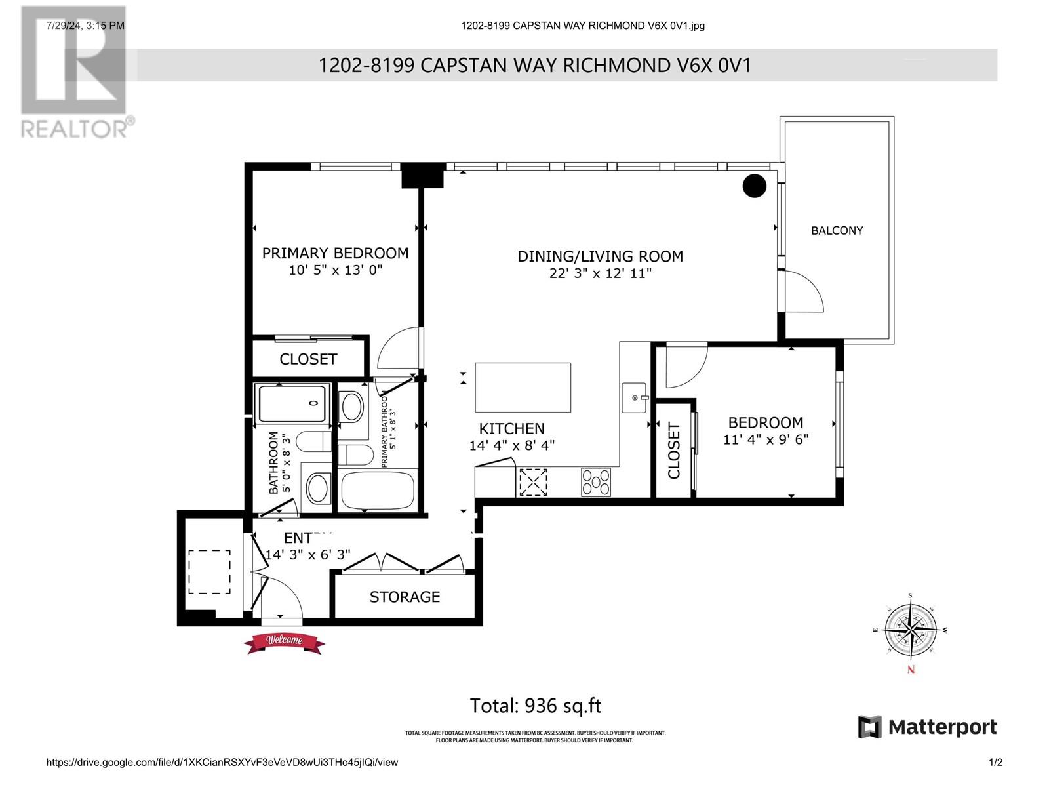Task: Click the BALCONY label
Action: tap(837, 231)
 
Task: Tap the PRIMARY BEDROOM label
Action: tap(335, 253)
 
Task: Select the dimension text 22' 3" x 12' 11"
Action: tap(600, 273)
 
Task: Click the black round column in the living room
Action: tap(754, 186)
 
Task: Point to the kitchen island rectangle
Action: tap(523, 387)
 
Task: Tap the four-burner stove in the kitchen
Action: tap(595, 482)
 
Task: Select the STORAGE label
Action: tap(405, 597)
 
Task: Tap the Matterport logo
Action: tap(927, 727)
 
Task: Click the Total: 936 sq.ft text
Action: tap(535, 706)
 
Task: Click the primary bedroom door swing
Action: tap(398, 349)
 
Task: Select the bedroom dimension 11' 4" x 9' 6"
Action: tap(765, 439)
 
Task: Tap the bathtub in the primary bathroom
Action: tap(378, 490)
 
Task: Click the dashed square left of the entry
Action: tap(209, 571)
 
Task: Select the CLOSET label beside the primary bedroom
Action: tap(307, 359)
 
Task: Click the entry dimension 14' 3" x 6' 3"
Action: tap(307, 555)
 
